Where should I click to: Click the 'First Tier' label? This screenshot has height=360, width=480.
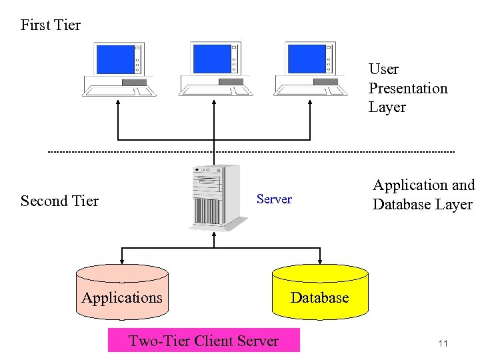click(x=51, y=25)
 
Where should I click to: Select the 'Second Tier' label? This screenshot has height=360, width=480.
click(x=59, y=201)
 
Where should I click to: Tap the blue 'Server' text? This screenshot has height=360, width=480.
click(x=274, y=199)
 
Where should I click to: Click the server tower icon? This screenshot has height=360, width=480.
click(x=213, y=197)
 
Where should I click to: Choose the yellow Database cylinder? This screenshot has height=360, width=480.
click(x=320, y=290)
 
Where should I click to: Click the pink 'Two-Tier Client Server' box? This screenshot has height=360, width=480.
click(x=203, y=341)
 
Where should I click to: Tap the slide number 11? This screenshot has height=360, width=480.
click(x=443, y=343)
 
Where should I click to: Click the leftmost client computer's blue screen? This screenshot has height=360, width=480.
click(x=115, y=59)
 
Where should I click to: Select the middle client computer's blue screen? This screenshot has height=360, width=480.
click(x=211, y=59)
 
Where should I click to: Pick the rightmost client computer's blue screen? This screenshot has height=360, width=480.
click(x=306, y=59)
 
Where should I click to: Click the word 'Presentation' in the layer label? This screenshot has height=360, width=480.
click(x=408, y=88)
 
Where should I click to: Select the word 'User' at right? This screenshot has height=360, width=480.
click(x=383, y=69)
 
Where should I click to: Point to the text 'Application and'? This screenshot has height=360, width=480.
click(x=423, y=185)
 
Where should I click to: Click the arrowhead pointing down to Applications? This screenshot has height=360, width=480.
click(x=121, y=260)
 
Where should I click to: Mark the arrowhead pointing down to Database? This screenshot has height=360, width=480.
click(x=320, y=260)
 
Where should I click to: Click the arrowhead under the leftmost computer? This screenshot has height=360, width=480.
click(x=118, y=103)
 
